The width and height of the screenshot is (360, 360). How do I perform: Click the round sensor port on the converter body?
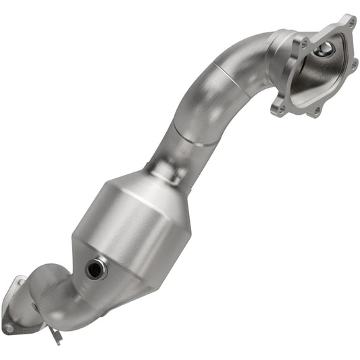(95, 269)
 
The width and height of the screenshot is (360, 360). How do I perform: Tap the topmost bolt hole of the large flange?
(349, 22)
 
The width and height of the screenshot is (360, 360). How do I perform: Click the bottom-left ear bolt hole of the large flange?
(276, 107)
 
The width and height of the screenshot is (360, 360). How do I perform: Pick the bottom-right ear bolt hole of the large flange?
(314, 109)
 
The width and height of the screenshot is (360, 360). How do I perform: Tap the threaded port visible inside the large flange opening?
(326, 49)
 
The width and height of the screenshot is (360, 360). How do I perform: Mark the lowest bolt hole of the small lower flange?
(8, 328)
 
